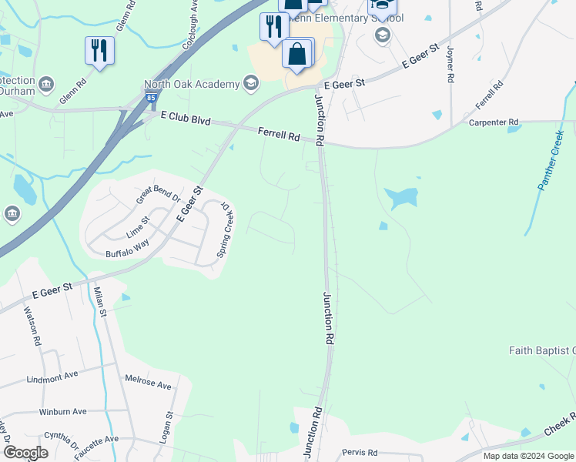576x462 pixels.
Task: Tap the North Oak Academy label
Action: pos(193,84)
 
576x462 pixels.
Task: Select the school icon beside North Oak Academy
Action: pos(250,82)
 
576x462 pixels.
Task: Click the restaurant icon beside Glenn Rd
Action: pos(99,51)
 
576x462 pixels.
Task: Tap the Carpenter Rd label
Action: pos(494,122)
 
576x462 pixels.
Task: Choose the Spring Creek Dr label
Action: pos(227,229)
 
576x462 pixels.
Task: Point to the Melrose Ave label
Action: pos(149,382)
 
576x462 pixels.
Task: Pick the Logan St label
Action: pos(169,425)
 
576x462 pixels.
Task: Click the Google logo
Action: pos(25,452)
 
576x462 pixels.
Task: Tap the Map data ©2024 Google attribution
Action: pos(527,456)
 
